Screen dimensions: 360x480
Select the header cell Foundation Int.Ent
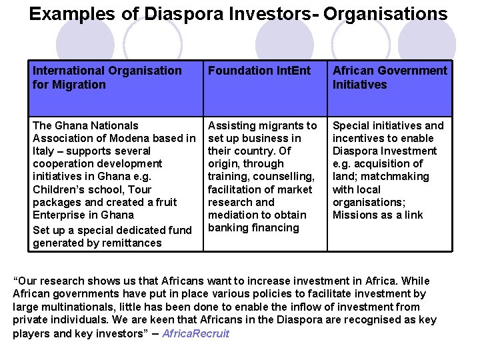259,71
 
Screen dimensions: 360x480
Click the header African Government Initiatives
389,77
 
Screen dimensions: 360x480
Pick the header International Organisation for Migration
107,77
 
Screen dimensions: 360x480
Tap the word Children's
60,189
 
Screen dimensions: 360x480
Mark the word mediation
233,215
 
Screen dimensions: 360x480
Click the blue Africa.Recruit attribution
197,333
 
